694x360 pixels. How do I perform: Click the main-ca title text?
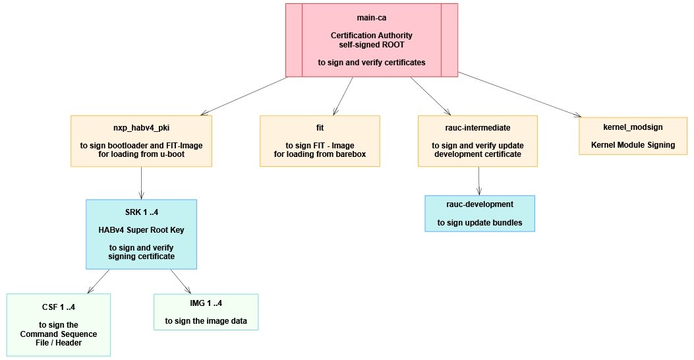pos(371,18)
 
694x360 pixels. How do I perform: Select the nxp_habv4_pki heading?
pos(141,128)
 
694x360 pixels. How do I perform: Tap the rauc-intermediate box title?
pos(478,128)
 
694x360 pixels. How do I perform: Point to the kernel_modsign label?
pos(633,127)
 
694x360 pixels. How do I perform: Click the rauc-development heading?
pos(480,204)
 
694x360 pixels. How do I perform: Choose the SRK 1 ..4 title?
pos(141,212)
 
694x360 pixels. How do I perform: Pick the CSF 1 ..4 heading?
pos(59,307)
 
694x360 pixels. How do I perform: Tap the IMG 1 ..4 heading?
pos(206,303)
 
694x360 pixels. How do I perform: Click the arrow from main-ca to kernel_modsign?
pos(519,94)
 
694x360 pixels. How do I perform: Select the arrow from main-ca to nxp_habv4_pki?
pos(244,96)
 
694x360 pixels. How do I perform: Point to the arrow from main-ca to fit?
pos(343,96)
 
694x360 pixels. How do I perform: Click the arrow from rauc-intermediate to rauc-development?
pos(479,181)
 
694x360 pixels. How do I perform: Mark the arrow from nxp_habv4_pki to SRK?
pos(141,183)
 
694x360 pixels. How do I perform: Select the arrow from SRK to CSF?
pos(98,281)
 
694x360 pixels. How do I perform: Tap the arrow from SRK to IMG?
pos(181,281)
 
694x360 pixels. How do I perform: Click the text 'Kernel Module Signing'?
pos(633,145)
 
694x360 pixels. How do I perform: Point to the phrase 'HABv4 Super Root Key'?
pos(141,230)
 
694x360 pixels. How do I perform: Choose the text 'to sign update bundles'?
pos(480,223)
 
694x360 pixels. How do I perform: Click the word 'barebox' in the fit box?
pos(351,154)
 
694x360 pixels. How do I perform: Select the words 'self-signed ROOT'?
pos(371,45)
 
